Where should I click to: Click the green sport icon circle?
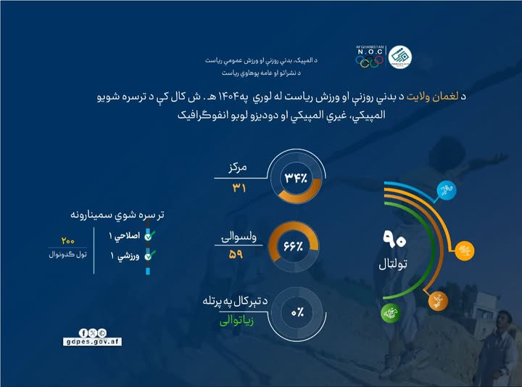click(x=389, y=314)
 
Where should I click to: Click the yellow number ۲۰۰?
click(x=68, y=240)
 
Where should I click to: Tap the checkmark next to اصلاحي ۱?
click(x=149, y=235)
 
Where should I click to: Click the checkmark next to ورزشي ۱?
click(x=149, y=256)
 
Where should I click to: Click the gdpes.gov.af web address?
click(x=91, y=341)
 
